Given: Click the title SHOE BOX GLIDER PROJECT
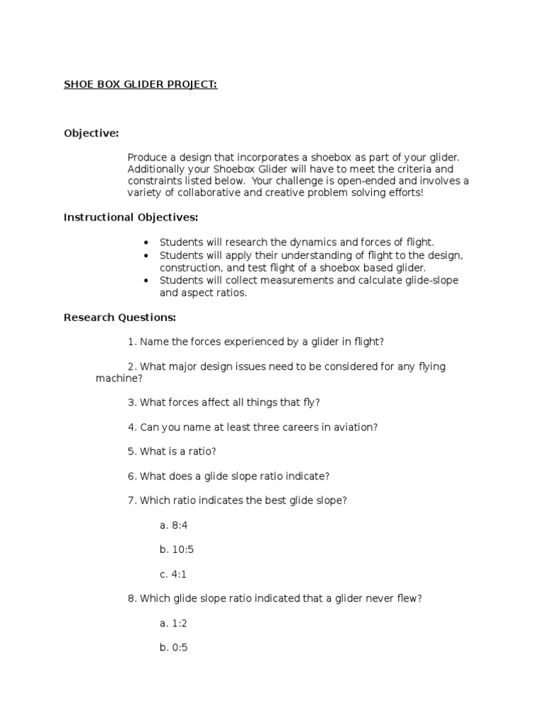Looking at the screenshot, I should tap(141, 84).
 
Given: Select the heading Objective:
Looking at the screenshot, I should tap(91, 133).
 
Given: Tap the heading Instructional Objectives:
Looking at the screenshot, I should tap(131, 217).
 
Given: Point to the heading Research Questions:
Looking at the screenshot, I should tap(119, 317).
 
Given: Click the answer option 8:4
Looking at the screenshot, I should tap(173, 525).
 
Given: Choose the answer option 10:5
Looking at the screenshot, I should tap(176, 549).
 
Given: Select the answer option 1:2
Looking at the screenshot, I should tap(173, 623).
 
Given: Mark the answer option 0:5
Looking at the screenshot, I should tap(173, 647).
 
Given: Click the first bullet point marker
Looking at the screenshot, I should tap(146, 243).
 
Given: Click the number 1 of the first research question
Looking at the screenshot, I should tap(132, 341).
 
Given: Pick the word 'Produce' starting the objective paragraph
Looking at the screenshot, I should tap(148, 157).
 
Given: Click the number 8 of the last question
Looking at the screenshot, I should tap(132, 598).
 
